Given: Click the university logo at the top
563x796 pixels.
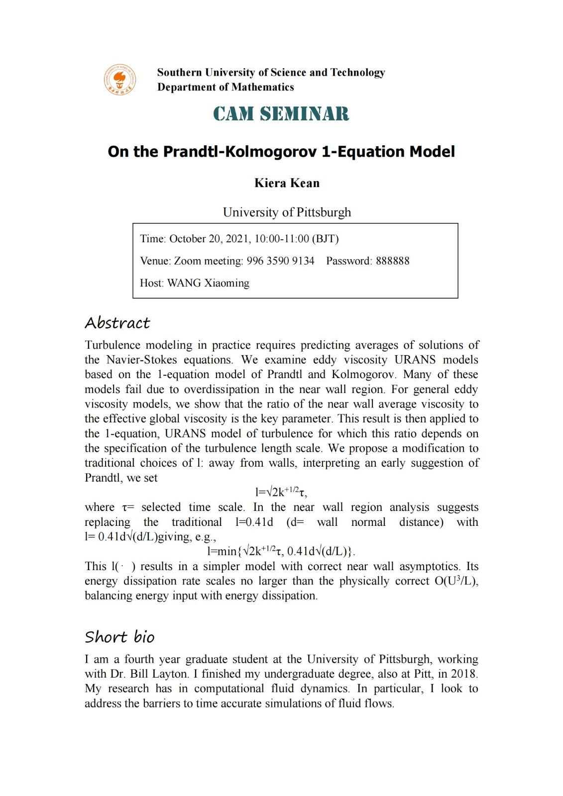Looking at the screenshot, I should (120, 80).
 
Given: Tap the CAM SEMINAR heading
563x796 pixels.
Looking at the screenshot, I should (281, 114).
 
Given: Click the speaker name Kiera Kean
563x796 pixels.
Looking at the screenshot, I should (287, 183).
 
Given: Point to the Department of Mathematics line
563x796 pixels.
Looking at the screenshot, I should (225, 87).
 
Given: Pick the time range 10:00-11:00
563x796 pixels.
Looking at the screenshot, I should (281, 239).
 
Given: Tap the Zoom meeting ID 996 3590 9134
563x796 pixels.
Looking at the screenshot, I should (280, 261).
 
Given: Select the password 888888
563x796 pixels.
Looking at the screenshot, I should (392, 261).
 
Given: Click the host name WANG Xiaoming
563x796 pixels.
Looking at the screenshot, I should (208, 283).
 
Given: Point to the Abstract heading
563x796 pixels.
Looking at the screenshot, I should (117, 323).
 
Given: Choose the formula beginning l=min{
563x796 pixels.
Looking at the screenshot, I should (281, 551).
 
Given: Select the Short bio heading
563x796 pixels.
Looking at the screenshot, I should (119, 637).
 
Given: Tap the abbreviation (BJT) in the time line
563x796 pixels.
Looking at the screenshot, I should (325, 239).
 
